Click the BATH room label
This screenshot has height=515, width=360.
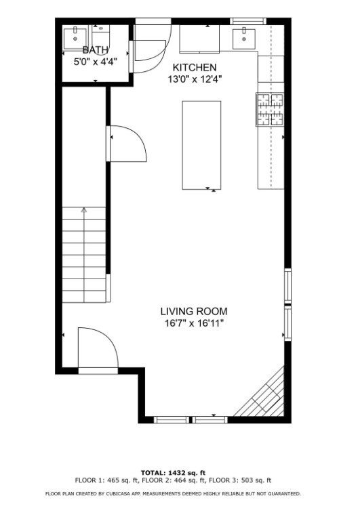tap(95, 50)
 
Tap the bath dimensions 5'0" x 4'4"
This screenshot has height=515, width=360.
tap(95, 61)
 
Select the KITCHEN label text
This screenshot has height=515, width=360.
tap(195, 67)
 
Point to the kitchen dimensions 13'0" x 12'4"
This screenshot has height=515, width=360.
tap(195, 79)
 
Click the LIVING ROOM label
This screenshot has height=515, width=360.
tap(194, 311)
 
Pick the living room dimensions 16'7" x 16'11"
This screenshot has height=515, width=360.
tap(194, 323)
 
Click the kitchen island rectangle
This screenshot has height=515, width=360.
tap(201, 145)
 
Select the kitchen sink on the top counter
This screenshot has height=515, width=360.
tap(243, 39)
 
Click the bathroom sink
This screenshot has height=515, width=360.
tap(74, 36)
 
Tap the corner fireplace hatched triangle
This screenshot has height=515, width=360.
tap(267, 400)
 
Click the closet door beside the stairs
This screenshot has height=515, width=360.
tap(127, 143)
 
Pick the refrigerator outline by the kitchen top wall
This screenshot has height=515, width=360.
tap(200, 39)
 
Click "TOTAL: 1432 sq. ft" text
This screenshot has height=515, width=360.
tap(173, 472)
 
